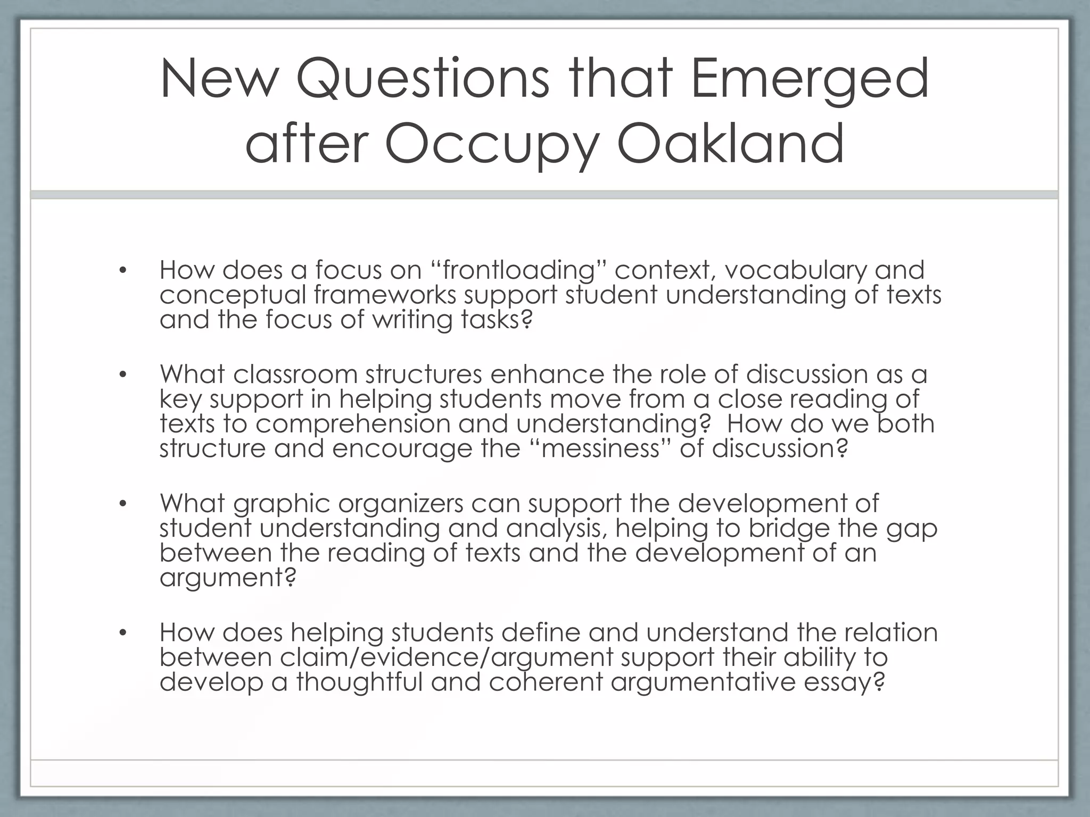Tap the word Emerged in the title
tap(810, 80)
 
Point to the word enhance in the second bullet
tap(547, 374)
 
